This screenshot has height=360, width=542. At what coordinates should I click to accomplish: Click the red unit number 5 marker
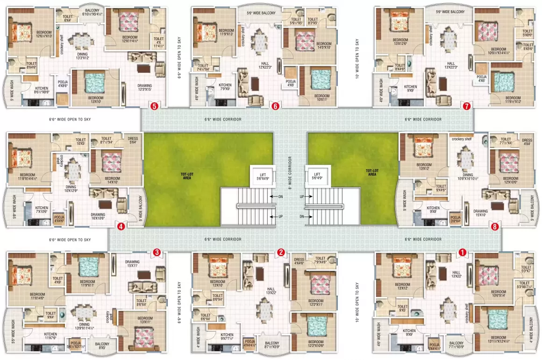[x=155, y=106]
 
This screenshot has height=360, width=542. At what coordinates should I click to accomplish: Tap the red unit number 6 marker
[x=275, y=106]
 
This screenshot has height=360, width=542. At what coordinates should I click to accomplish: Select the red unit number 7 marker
[x=466, y=106]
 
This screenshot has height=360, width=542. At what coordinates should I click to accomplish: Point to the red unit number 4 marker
[x=121, y=226]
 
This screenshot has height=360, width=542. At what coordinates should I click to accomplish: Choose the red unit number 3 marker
[x=157, y=252]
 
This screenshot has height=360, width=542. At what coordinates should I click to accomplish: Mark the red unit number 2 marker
[x=281, y=252]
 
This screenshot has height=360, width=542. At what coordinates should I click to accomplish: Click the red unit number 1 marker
[x=463, y=252]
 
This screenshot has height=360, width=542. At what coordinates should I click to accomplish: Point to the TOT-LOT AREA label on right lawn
[x=372, y=173]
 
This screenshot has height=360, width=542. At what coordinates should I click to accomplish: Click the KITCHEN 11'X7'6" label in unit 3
[x=50, y=336]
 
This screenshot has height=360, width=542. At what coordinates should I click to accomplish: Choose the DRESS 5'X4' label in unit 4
[x=132, y=140]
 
